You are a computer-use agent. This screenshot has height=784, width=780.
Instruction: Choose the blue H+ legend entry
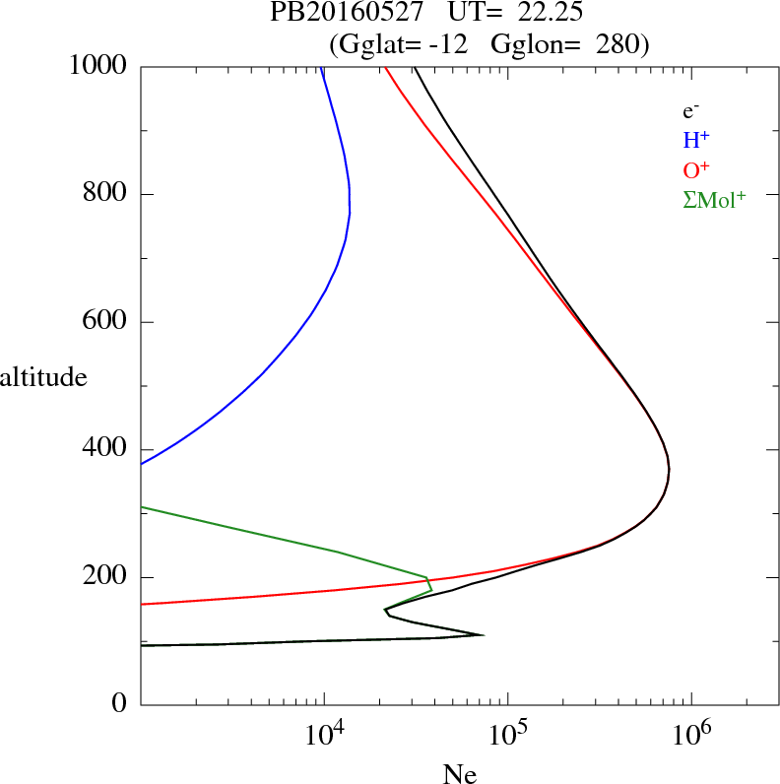click(696, 141)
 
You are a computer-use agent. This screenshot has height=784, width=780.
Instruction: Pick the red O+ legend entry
click(696, 169)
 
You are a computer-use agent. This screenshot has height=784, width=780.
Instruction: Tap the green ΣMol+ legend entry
click(714, 199)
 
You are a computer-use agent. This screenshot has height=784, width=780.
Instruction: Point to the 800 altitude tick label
click(105, 194)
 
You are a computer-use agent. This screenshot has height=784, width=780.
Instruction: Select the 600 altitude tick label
click(105, 322)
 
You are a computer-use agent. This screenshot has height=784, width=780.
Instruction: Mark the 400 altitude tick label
click(105, 449)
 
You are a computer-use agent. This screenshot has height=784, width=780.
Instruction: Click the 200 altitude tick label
click(105, 577)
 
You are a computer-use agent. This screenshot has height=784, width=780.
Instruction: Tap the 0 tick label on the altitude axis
click(120, 704)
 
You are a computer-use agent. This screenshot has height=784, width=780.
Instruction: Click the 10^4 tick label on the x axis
click(324, 734)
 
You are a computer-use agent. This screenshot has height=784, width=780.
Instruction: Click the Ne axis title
click(459, 774)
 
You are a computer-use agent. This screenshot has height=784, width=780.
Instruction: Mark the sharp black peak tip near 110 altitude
click(483, 634)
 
